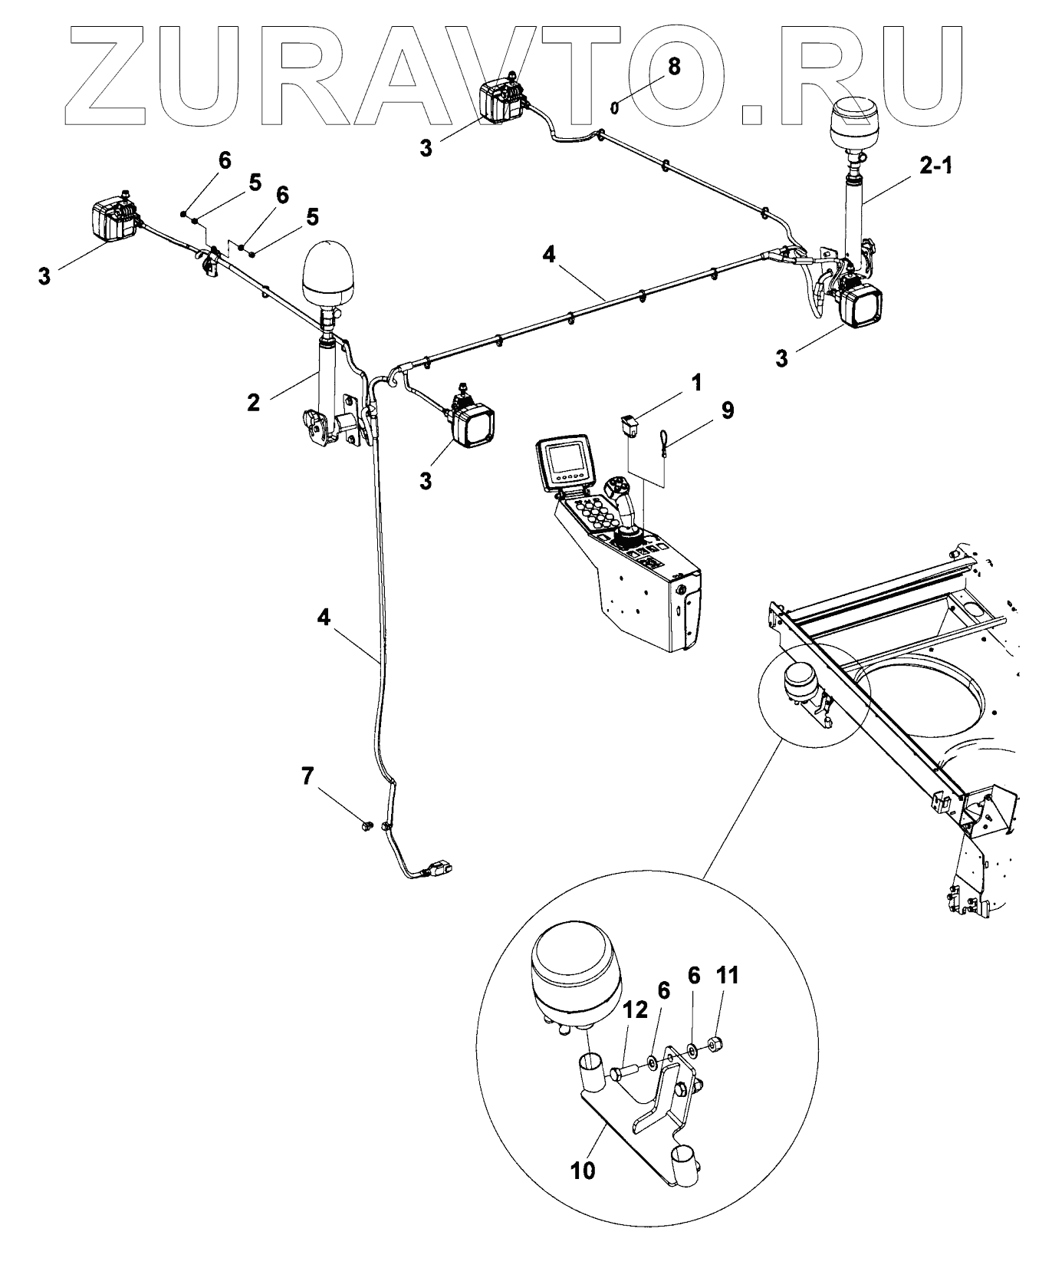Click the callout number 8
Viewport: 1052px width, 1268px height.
pos(674,66)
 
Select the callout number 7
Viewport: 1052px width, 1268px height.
pos(307,776)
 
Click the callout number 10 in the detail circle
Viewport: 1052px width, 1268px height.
pos(583,1171)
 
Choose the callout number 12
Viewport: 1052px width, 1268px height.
pos(635,1013)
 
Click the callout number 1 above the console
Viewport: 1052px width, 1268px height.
pos(695,382)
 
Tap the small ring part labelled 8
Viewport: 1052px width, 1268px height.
pos(615,107)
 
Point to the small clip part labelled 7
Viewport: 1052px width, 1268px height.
pos(367,825)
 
